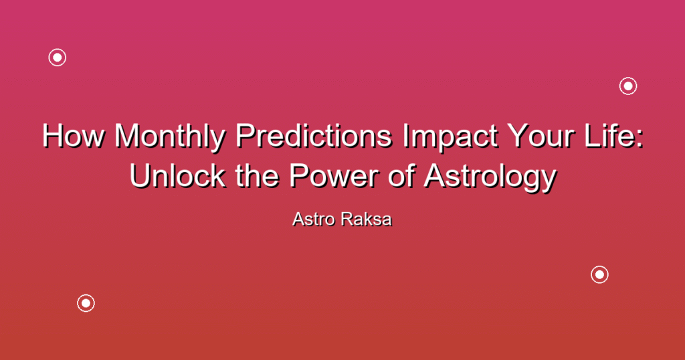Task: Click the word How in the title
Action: (74, 136)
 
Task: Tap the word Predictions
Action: (314, 135)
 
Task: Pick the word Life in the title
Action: (603, 135)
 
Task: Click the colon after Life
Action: (640, 139)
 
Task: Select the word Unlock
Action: (177, 175)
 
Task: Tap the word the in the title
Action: (257, 175)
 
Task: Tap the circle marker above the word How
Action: (58, 58)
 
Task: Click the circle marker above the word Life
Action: (628, 86)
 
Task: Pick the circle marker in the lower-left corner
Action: (86, 303)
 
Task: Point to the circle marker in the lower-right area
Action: (600, 275)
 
